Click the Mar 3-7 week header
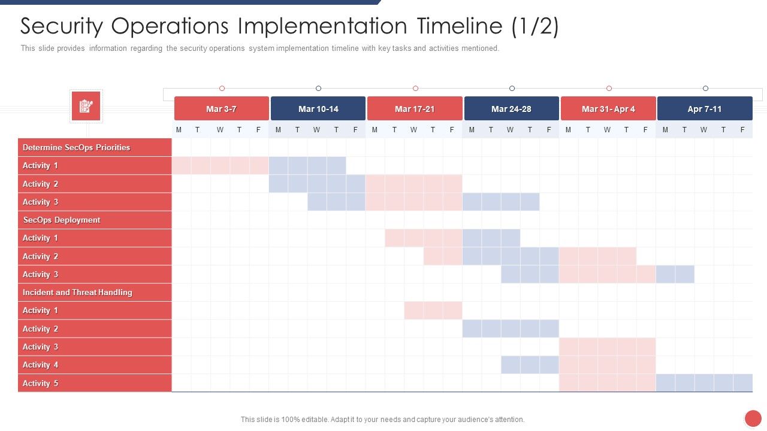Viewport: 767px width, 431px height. (x=221, y=109)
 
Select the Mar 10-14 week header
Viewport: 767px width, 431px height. (x=318, y=109)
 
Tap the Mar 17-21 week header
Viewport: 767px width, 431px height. (x=415, y=109)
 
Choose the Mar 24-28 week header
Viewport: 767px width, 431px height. (x=511, y=109)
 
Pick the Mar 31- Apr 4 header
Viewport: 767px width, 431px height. (x=608, y=109)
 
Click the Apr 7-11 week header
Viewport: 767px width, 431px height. (x=705, y=109)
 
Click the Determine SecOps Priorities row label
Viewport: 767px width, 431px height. (x=76, y=147)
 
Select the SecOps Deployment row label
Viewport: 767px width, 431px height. (x=61, y=220)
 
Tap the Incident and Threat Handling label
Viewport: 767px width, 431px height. (x=77, y=292)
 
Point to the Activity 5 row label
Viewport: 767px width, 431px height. (x=40, y=383)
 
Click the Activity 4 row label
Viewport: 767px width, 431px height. (x=40, y=365)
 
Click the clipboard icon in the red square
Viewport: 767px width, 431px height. (x=86, y=107)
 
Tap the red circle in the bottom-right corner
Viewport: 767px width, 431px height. (x=753, y=418)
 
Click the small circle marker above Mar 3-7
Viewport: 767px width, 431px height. (x=222, y=89)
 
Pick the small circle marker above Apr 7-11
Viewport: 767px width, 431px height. (x=705, y=89)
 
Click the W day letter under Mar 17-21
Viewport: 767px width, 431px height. (x=413, y=130)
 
